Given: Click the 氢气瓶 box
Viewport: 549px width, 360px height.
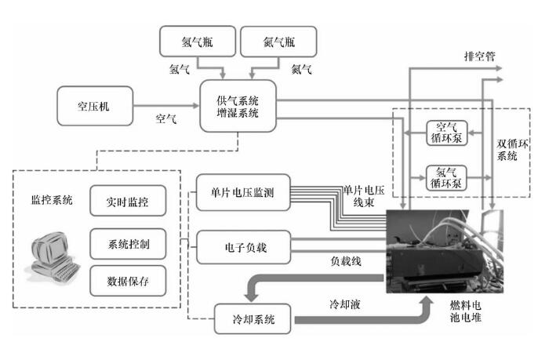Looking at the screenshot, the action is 198,42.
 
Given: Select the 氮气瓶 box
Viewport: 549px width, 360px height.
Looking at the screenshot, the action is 278,42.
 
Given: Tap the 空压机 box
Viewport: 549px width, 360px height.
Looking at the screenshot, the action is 95,106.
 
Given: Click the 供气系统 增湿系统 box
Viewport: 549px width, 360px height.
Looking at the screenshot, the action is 238,106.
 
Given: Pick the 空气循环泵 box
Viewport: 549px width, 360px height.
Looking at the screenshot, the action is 446,133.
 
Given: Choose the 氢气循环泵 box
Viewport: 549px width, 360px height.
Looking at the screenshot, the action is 446,178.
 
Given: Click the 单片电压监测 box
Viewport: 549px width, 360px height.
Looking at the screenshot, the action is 243,192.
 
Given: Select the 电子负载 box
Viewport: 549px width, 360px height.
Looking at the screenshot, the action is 244,247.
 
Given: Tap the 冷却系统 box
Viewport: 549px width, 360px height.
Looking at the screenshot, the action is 253,318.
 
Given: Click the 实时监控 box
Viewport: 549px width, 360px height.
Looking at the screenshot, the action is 128,201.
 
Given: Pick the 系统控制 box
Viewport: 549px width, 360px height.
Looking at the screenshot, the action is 128,244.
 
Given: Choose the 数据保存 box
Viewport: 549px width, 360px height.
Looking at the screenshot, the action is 128,281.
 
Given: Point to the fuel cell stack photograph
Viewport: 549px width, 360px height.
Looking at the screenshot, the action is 445,251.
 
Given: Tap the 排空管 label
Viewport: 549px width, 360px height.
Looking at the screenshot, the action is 480,56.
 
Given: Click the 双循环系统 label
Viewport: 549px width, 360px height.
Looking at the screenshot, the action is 512,150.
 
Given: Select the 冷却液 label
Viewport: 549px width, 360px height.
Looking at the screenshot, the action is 345,304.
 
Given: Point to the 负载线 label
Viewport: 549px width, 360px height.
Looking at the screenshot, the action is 346,261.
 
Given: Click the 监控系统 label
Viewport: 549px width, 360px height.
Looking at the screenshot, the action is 52,200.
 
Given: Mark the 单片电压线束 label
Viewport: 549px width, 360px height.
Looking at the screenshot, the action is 364,196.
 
